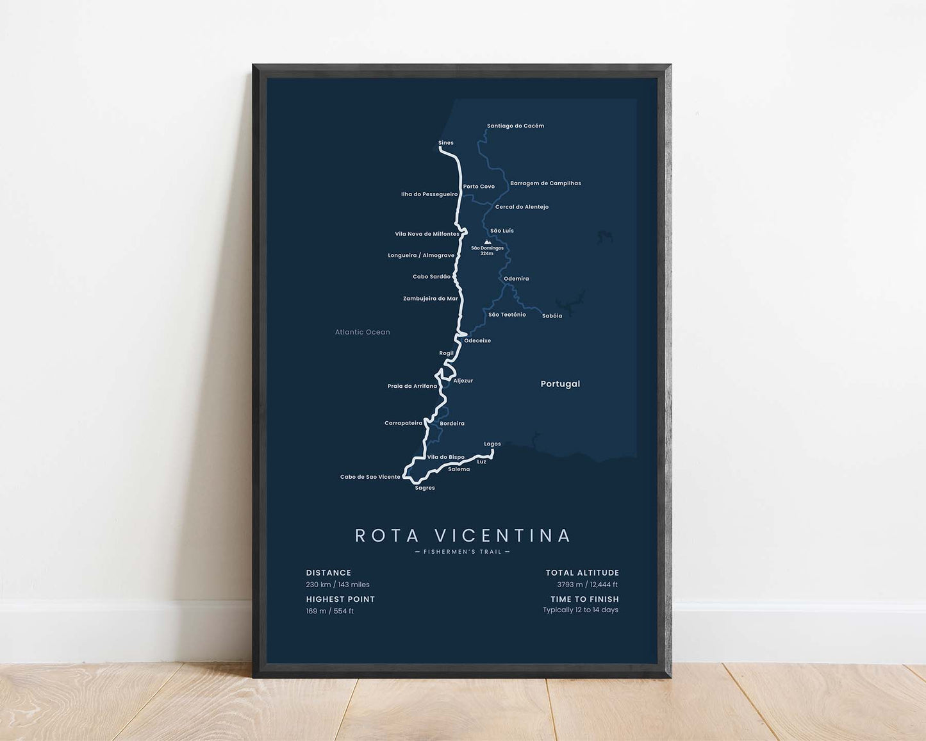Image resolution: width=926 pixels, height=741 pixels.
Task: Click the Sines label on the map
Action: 445,143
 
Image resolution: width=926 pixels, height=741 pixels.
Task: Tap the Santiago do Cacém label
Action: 515,126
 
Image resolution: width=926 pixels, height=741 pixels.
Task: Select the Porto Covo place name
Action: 479,187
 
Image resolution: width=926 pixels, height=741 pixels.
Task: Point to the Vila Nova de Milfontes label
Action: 427,234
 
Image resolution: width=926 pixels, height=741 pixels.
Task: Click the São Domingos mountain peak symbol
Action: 487,242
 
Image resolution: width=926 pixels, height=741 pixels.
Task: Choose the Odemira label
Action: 516,279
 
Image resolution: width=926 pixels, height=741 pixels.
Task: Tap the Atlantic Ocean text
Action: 362,332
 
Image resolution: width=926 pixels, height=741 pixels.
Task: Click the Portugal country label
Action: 560,384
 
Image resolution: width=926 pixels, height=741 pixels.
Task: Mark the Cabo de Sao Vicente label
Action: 370,477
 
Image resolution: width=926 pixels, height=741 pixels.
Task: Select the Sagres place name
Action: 425,488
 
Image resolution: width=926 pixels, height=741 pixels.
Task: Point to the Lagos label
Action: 492,444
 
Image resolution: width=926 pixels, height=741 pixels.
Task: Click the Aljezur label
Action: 463,381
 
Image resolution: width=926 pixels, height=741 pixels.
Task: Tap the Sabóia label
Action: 552,316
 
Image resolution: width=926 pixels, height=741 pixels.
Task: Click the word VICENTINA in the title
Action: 502,535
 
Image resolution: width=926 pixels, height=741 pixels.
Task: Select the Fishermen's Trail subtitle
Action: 463,552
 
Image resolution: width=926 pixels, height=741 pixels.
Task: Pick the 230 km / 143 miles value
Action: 338,585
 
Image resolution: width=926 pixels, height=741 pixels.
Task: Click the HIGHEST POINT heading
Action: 340,599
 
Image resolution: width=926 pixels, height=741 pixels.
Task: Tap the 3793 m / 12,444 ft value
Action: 587,585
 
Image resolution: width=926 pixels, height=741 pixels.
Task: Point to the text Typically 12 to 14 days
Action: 581,610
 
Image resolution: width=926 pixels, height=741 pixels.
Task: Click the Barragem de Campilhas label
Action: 545,183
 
